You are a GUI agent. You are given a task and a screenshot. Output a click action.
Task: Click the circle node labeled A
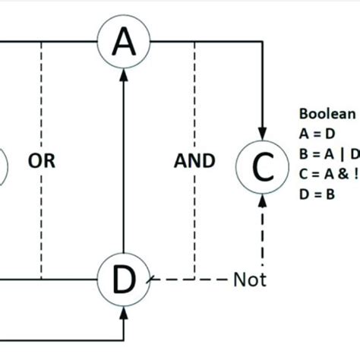pyautogui.click(x=124, y=43)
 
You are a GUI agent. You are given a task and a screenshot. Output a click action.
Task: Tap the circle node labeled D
pyautogui.click(x=124, y=280)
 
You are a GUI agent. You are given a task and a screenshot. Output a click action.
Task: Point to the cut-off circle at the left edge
pyautogui.click(x=2, y=164)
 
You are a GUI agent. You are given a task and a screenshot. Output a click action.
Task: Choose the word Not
pyautogui.click(x=251, y=280)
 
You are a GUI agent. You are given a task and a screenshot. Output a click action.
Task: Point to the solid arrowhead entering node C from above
pyautogui.click(x=263, y=133)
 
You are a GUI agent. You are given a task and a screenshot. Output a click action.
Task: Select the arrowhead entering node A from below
pyautogui.click(x=124, y=74)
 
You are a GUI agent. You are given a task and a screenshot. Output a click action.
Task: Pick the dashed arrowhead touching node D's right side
pyautogui.click(x=152, y=280)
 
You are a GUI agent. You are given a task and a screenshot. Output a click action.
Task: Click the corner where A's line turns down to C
pyautogui.click(x=263, y=43)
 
